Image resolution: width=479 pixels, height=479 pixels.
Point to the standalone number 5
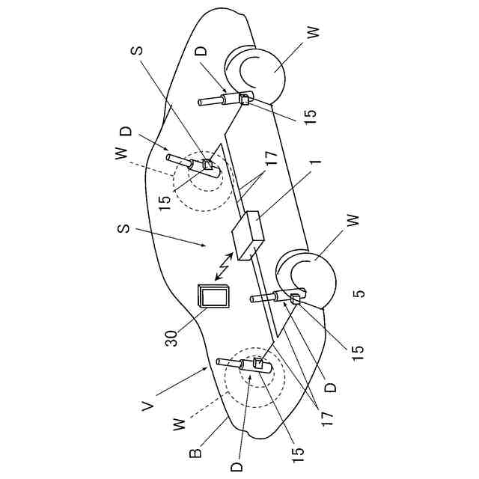click(360, 293)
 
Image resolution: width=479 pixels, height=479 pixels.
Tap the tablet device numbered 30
click(213, 298)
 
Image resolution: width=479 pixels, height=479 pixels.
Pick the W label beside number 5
click(354, 221)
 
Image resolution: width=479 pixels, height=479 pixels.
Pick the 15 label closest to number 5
click(357, 349)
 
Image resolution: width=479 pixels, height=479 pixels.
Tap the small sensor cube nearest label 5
click(295, 300)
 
